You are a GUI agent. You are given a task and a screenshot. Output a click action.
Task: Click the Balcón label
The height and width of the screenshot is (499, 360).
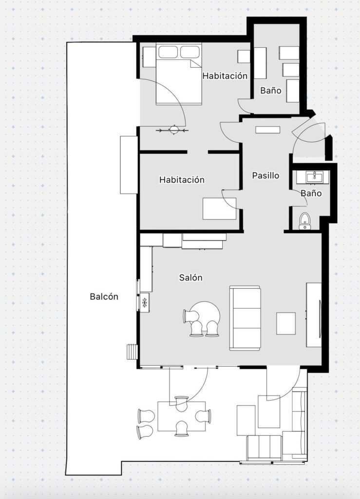(x=104, y=297)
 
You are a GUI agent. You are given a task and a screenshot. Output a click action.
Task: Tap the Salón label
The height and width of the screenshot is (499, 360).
(x=191, y=277)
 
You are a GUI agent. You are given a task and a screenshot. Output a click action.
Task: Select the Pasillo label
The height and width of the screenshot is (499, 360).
(x=265, y=175)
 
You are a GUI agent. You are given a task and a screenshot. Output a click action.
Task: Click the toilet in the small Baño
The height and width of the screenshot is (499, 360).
(x=305, y=221)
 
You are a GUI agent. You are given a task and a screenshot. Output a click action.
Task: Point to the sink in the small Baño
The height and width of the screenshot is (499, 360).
(x=315, y=177)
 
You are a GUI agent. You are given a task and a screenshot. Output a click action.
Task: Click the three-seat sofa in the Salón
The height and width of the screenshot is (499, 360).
(x=245, y=318)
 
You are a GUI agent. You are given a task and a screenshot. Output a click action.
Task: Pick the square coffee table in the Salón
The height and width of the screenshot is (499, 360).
(x=285, y=324)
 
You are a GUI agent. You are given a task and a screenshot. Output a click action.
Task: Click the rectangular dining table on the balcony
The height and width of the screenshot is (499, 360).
(x=182, y=416)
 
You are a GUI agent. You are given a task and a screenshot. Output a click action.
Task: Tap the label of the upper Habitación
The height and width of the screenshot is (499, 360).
(x=225, y=76)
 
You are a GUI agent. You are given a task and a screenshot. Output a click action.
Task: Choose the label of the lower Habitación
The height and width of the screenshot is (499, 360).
(x=182, y=179)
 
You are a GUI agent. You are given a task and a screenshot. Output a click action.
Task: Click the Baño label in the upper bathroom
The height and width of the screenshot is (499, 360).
(x=271, y=90)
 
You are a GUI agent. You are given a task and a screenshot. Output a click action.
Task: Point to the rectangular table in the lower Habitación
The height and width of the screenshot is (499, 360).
(x=219, y=209)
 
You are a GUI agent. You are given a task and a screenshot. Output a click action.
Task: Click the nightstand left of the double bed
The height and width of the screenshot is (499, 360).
(x=149, y=57)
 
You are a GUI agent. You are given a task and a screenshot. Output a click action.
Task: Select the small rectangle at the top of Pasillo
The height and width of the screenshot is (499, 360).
(x=268, y=130)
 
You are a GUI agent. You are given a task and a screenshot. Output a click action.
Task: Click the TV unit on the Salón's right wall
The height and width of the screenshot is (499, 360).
(x=314, y=314)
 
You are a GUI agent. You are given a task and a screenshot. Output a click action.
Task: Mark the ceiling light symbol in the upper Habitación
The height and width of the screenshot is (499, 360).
(x=174, y=130)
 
